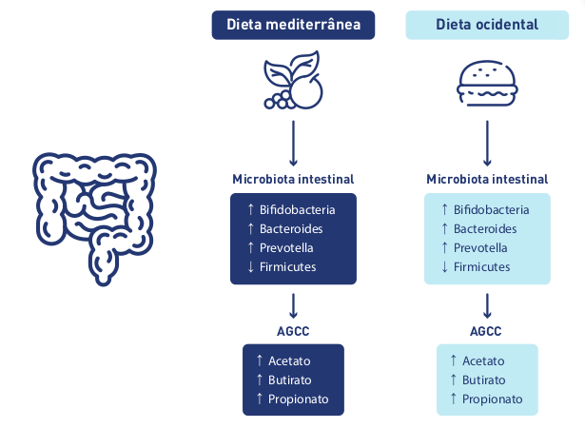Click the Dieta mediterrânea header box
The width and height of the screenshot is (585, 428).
[293, 25]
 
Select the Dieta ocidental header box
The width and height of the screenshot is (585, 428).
[487, 25]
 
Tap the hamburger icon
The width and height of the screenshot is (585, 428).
[487, 83]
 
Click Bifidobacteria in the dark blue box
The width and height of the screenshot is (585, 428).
[297, 209]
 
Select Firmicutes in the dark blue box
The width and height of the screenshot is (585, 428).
[287, 266]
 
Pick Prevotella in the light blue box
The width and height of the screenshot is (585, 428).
[480, 247]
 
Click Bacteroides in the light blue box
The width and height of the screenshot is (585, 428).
[485, 228]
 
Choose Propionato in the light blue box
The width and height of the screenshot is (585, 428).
[493, 399]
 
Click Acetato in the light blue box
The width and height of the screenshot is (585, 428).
[483, 360]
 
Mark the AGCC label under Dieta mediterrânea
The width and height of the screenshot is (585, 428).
[293, 331]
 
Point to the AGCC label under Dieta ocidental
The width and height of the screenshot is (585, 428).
[487, 331]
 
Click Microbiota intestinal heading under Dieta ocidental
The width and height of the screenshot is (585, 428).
[487, 179]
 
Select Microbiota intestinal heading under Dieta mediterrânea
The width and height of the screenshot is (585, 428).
[293, 179]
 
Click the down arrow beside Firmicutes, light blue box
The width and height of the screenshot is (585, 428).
[443, 266]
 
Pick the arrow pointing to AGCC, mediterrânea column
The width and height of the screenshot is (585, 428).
[293, 304]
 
